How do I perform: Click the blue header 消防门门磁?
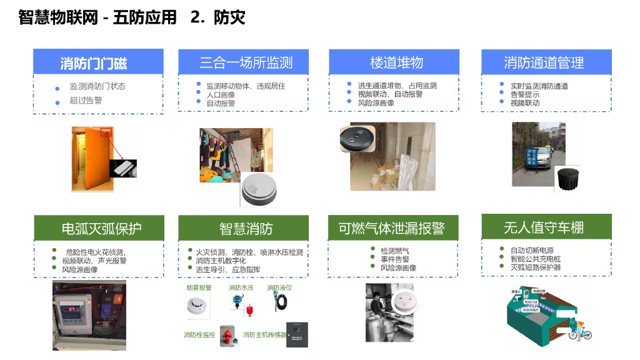(98, 62)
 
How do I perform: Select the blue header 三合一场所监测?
(246, 62)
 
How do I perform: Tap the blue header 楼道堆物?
(396, 62)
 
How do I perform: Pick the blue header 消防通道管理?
(544, 62)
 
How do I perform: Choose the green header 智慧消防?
(246, 229)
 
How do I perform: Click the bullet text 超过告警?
(86, 101)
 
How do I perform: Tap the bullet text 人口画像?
(221, 94)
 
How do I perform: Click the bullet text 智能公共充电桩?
(535, 259)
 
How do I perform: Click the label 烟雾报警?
(199, 288)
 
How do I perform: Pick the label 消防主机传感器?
(266, 335)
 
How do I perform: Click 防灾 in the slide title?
(229, 17)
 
